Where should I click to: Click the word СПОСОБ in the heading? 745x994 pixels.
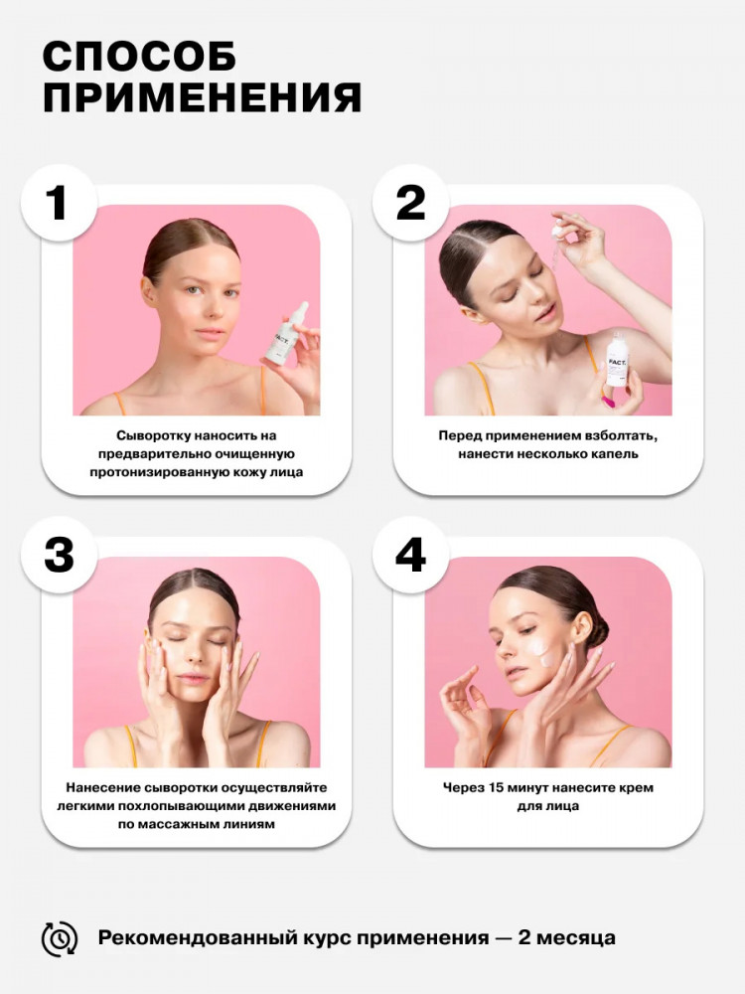pyautogui.click(x=139, y=57)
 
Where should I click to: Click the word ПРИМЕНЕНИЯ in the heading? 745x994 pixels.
pyautogui.click(x=202, y=97)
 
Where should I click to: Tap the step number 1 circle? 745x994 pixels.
pyautogui.click(x=59, y=203)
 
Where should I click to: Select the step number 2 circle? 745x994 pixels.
pyautogui.click(x=410, y=203)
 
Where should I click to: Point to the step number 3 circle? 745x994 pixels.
pyautogui.click(x=59, y=555)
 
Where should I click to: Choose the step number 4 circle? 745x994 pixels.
pyautogui.click(x=410, y=555)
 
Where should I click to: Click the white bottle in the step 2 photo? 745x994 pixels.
pyautogui.click(x=617, y=361)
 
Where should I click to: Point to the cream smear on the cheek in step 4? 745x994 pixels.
pyautogui.click(x=541, y=651)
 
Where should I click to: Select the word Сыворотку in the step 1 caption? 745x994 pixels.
pyautogui.click(x=153, y=436)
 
